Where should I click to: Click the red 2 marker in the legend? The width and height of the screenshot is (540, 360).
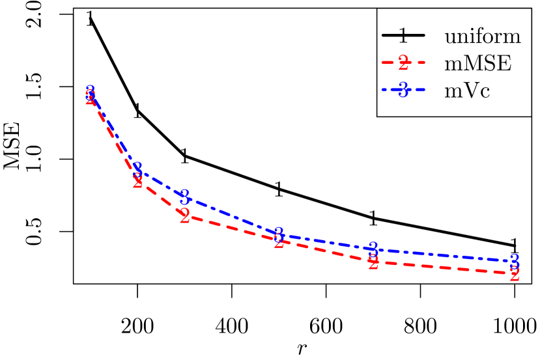click(x=403, y=63)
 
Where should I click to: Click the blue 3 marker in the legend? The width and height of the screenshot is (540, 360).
click(x=403, y=90)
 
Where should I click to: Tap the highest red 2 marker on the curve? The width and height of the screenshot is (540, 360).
click(x=91, y=99)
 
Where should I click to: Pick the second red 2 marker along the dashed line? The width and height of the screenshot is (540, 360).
click(x=137, y=181)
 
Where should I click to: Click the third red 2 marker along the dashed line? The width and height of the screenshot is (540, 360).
click(x=184, y=216)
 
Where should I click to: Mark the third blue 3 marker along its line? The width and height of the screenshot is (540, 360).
click(x=184, y=196)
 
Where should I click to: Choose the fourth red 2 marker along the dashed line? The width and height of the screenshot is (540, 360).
click(x=279, y=242)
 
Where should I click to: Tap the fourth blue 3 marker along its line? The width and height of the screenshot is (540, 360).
click(x=279, y=233)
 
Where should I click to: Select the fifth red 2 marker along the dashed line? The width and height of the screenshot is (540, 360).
click(x=373, y=263)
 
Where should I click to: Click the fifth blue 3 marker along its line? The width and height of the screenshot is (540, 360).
click(x=373, y=249)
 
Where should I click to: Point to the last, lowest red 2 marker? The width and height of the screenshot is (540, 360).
click(x=515, y=274)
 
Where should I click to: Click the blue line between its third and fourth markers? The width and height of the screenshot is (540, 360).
click(x=231, y=215)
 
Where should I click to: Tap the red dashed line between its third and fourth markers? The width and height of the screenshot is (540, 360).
click(x=231, y=229)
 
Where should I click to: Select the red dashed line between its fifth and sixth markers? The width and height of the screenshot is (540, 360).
click(x=443, y=268)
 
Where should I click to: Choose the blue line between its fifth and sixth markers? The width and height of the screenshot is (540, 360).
click(x=443, y=255)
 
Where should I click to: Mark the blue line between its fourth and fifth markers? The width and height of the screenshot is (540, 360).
click(x=326, y=241)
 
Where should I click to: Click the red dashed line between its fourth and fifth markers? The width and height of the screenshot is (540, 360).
click(x=326, y=252)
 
